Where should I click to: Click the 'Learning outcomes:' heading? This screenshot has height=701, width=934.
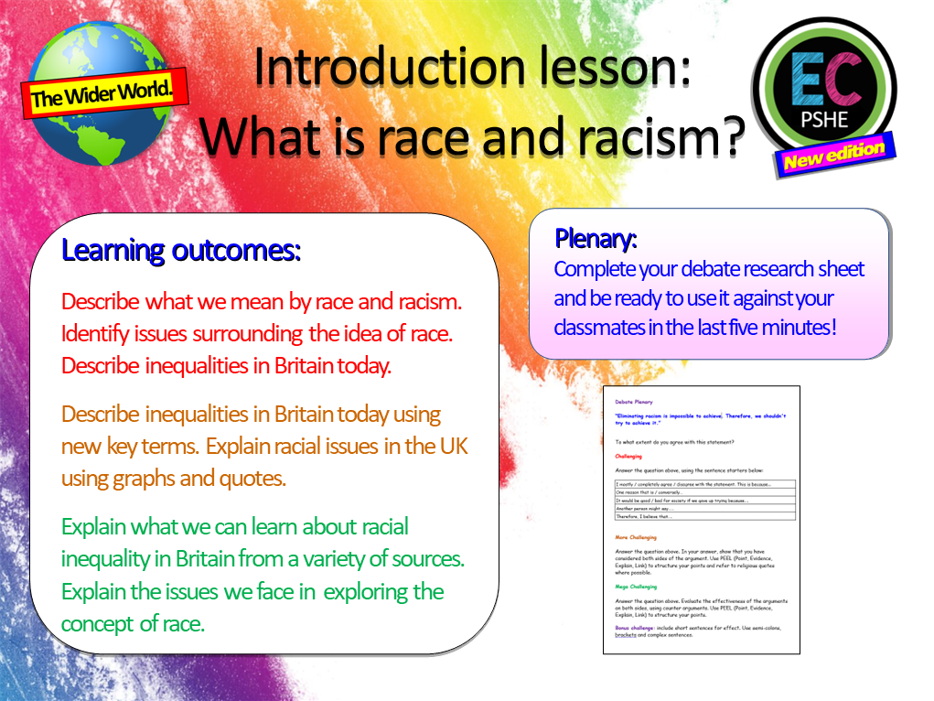181,250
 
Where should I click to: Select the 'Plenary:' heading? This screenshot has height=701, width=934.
596,239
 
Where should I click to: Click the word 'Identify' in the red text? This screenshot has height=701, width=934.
95,333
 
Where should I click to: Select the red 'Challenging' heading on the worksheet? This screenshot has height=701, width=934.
629,456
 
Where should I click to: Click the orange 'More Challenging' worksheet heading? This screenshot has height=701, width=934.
637,537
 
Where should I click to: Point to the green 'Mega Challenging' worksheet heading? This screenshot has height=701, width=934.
637,587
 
